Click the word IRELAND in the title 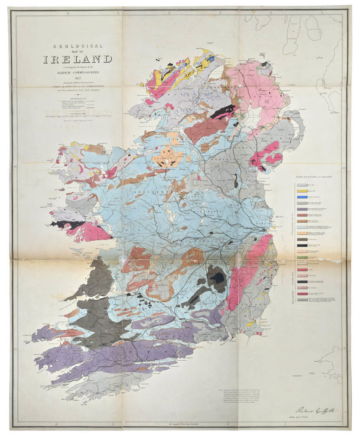coord(78,59)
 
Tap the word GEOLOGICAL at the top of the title coord(78,46)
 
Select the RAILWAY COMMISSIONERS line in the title coord(78,73)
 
